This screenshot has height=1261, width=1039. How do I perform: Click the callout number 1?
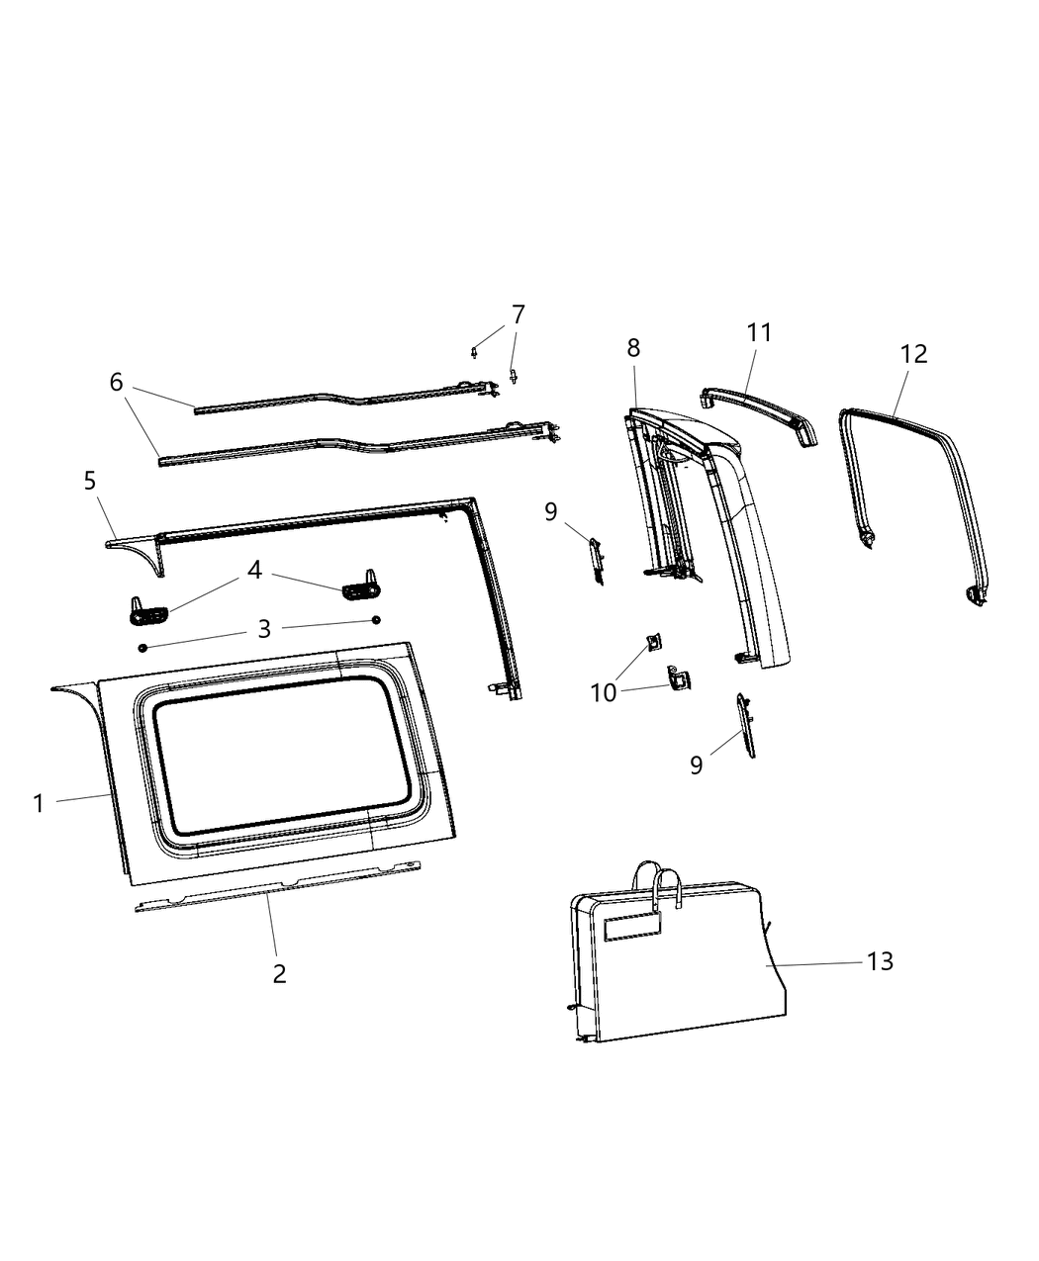[39, 804]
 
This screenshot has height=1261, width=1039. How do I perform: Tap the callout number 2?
[279, 973]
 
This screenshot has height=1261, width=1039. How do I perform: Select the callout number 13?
[880, 960]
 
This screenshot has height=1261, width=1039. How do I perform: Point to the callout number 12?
[913, 353]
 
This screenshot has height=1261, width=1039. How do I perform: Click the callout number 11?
[759, 332]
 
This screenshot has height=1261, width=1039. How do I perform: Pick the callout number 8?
[633, 347]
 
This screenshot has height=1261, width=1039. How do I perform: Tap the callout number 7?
[518, 315]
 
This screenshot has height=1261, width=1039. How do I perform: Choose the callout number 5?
[90, 481]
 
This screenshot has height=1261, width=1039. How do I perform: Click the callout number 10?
[604, 692]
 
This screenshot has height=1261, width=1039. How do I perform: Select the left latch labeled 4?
[148, 611]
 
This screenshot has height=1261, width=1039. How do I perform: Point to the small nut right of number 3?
[376, 620]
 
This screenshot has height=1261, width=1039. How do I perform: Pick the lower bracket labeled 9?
[745, 726]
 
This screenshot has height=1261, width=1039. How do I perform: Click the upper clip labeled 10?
[654, 643]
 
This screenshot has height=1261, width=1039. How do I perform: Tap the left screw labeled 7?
[476, 350]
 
